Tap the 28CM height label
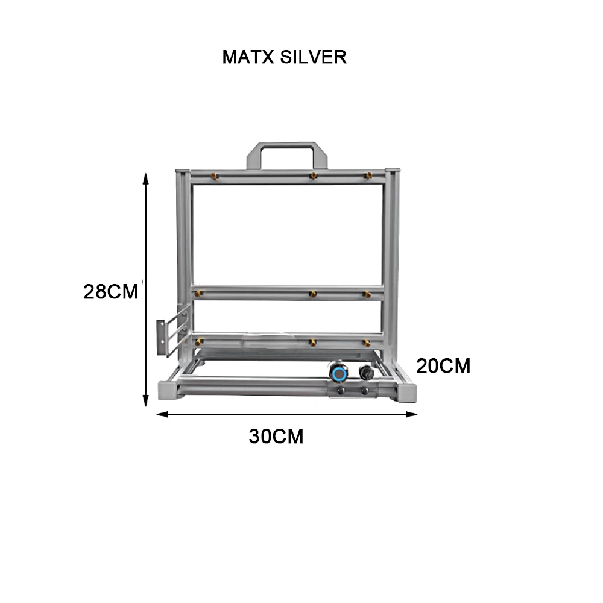tap(111, 292)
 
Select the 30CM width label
tap(276, 437)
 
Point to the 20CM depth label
tap(443, 366)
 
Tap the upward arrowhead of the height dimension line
tap(145, 177)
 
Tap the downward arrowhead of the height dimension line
tap(145, 402)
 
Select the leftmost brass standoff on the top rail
tap(212, 176)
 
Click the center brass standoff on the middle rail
tap(312, 294)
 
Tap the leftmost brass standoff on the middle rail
tap(198, 294)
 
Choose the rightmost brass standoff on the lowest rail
tap(365, 343)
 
